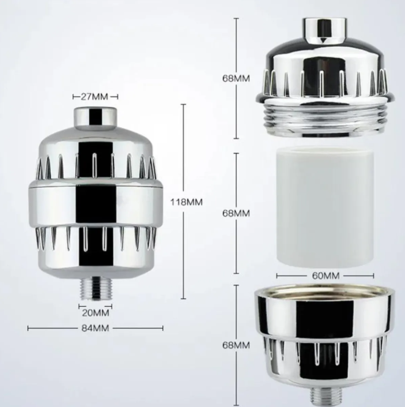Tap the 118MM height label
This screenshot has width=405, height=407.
[x=186, y=202]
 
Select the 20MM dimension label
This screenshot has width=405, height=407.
[x=95, y=312]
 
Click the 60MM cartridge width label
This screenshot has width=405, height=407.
[x=325, y=276]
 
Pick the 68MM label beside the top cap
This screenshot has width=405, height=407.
[x=236, y=78]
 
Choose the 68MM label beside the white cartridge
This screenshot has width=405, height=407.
[x=236, y=213]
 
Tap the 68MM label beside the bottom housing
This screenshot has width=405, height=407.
[x=236, y=345]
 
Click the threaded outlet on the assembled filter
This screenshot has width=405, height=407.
[x=95, y=288]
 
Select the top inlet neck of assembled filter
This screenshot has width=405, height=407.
[x=95, y=118]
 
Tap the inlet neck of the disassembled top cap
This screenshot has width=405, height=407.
[x=325, y=29]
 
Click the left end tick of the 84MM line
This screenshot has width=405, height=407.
[x=28, y=328]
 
